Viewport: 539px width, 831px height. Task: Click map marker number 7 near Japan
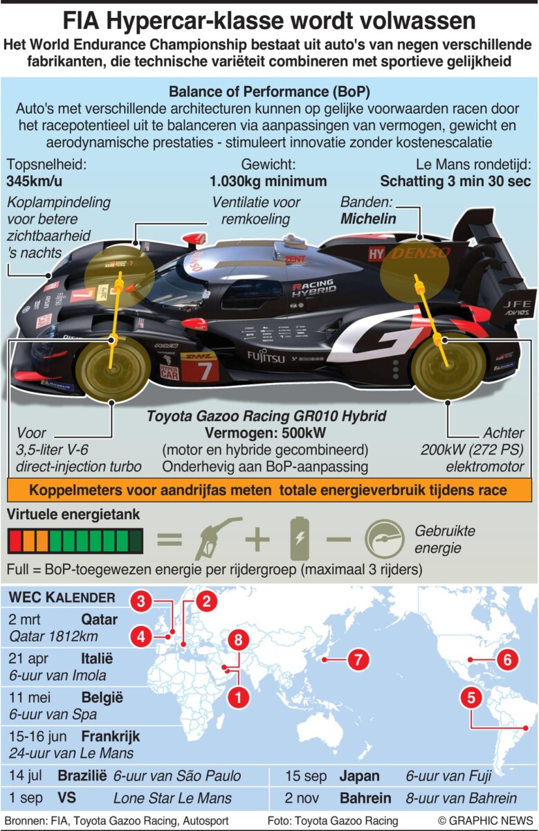(x=358, y=659)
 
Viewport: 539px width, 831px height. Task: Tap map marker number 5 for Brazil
(x=471, y=698)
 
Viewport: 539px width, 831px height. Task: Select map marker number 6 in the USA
(x=507, y=659)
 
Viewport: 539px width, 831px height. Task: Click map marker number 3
(x=141, y=601)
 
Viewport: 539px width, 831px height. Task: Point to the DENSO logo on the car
(x=421, y=253)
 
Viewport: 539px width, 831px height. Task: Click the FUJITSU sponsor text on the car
(x=266, y=357)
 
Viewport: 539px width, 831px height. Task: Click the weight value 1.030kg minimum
(x=268, y=181)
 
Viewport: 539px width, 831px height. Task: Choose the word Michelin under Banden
(x=368, y=219)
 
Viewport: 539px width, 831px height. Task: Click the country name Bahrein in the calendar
(x=365, y=797)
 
